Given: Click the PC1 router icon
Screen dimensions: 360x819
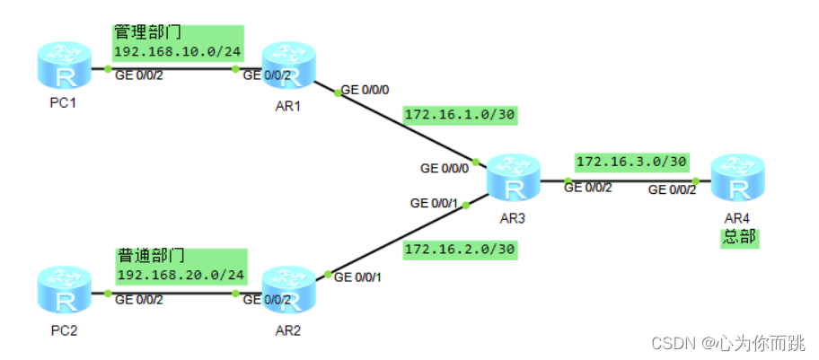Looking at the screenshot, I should point(64,68).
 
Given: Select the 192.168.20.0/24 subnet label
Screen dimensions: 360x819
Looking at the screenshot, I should point(181,274).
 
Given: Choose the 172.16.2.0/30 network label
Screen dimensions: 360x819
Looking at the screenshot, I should point(460,249).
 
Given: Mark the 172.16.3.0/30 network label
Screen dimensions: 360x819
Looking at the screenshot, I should point(631,162).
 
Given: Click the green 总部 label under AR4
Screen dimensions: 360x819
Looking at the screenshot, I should point(739,238).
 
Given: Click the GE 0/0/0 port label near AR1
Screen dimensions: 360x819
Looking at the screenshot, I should point(363,91).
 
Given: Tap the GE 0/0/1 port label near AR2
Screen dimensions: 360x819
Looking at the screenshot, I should point(357,277).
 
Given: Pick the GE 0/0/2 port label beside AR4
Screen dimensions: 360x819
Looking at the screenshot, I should point(672,189).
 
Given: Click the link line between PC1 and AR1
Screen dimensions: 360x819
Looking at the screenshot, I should point(171,68).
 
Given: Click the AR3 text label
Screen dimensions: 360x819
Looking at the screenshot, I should point(513,219).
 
